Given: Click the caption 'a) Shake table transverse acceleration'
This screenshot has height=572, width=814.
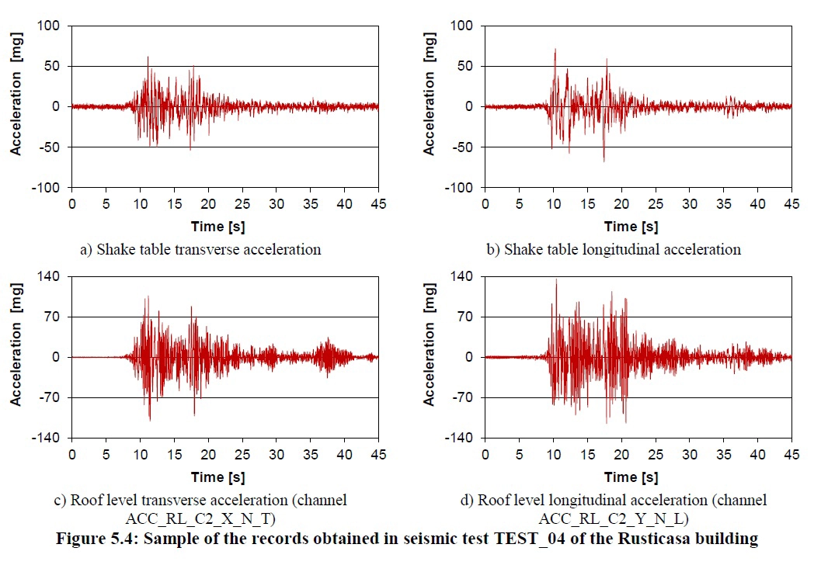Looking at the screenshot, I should click(200, 249).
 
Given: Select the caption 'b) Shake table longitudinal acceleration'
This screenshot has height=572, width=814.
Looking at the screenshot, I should click(622, 249).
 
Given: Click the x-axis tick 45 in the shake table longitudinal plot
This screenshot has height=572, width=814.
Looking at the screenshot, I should click(791, 203).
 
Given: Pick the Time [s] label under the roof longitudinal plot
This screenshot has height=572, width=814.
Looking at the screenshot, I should click(631, 477).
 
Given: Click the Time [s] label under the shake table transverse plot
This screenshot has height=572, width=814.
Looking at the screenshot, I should click(217, 226).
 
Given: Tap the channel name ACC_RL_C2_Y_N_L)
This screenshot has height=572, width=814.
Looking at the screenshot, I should click(614, 518).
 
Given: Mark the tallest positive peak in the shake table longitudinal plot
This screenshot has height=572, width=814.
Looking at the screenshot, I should click(555, 49).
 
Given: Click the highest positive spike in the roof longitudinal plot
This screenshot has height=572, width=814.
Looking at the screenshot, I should click(556, 279).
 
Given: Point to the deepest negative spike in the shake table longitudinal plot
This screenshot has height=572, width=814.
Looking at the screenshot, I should click(604, 161).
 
